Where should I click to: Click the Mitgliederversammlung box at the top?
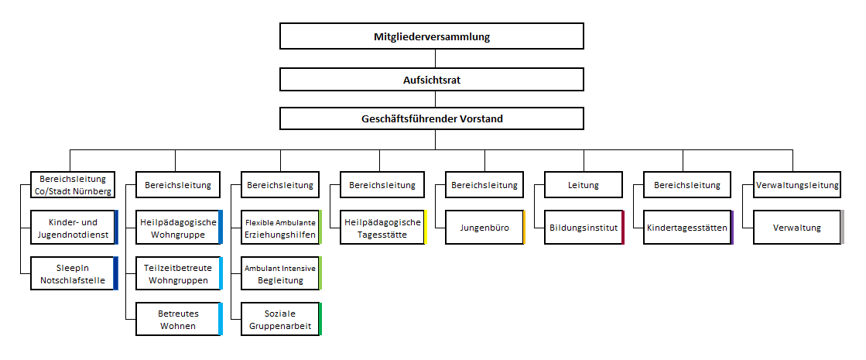click(x=432, y=36)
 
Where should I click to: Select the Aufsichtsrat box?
click(x=432, y=80)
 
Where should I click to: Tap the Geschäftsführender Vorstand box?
click(x=432, y=118)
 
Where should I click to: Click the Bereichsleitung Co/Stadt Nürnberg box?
click(x=72, y=184)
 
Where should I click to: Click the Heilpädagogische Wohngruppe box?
click(x=179, y=227)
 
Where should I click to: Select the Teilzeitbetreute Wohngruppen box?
click(x=179, y=273)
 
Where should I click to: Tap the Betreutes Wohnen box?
click(x=179, y=319)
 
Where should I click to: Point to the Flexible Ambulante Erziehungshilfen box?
click(x=281, y=227)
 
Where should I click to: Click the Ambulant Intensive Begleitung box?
click(x=281, y=273)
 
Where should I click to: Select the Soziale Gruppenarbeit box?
click(x=281, y=319)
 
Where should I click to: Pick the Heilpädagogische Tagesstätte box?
click(x=383, y=227)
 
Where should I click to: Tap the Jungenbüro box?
click(x=485, y=227)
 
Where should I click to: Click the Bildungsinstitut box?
click(x=584, y=227)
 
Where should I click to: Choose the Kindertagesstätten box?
click(x=688, y=227)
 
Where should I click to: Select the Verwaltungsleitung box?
click(x=797, y=184)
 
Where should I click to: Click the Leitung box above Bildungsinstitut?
click(x=584, y=184)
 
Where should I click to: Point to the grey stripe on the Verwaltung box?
click(x=842, y=227)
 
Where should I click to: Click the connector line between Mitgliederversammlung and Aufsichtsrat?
click(x=435, y=59)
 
